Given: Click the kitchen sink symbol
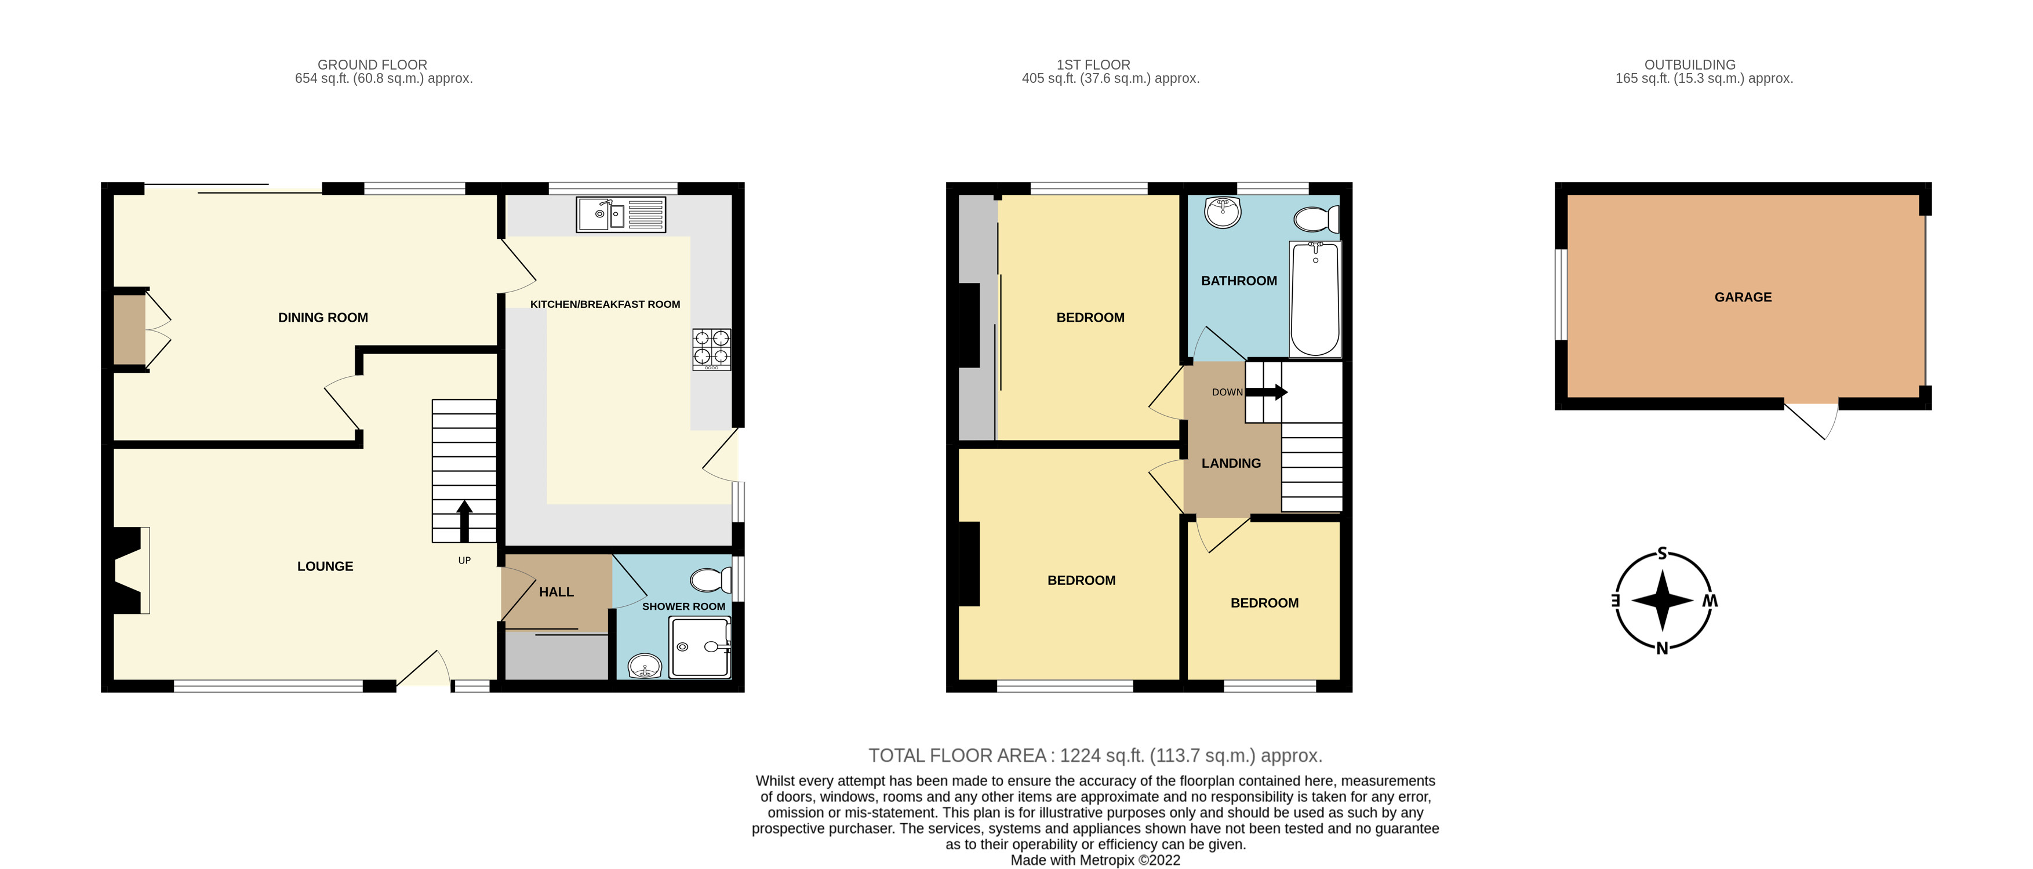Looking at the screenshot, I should click(621, 214).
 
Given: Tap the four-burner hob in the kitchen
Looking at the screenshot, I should click(711, 349).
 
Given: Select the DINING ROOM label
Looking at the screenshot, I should click(323, 317).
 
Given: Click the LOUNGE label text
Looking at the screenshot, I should click(325, 566).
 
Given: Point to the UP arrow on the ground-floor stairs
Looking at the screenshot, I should click(464, 521).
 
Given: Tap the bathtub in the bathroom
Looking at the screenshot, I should click(1315, 299).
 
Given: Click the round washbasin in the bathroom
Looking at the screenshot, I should click(1223, 212).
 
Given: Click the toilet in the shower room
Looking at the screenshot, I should click(710, 581).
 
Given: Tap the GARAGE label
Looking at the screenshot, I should click(1743, 297).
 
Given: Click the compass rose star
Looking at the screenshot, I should click(1662, 601).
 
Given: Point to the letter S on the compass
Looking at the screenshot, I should click(1662, 553).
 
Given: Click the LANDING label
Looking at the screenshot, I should click(1230, 463).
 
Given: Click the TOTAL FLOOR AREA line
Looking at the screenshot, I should click(1094, 755).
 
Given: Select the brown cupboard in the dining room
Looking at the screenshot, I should click(129, 329).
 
